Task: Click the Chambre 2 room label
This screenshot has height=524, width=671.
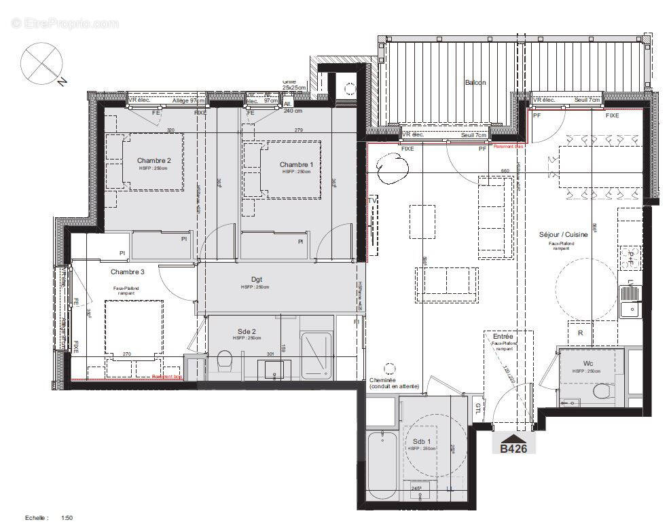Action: [x=155, y=160]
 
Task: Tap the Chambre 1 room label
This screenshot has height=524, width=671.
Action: [x=296, y=164]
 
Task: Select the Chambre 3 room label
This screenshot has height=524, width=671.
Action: [x=128, y=272]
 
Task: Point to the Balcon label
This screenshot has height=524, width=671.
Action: [x=475, y=82]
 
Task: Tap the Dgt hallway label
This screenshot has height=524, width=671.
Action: [x=256, y=279]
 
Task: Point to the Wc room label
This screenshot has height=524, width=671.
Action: [x=578, y=363]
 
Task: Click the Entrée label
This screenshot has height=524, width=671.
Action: [x=503, y=337]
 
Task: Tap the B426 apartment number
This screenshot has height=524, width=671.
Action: [x=514, y=448]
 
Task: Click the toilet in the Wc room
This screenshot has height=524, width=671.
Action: [x=601, y=392]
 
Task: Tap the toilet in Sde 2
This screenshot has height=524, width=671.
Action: [x=225, y=362]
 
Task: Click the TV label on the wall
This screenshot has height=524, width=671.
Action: [x=371, y=202]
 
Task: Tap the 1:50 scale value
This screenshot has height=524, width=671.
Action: [x=67, y=518]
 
